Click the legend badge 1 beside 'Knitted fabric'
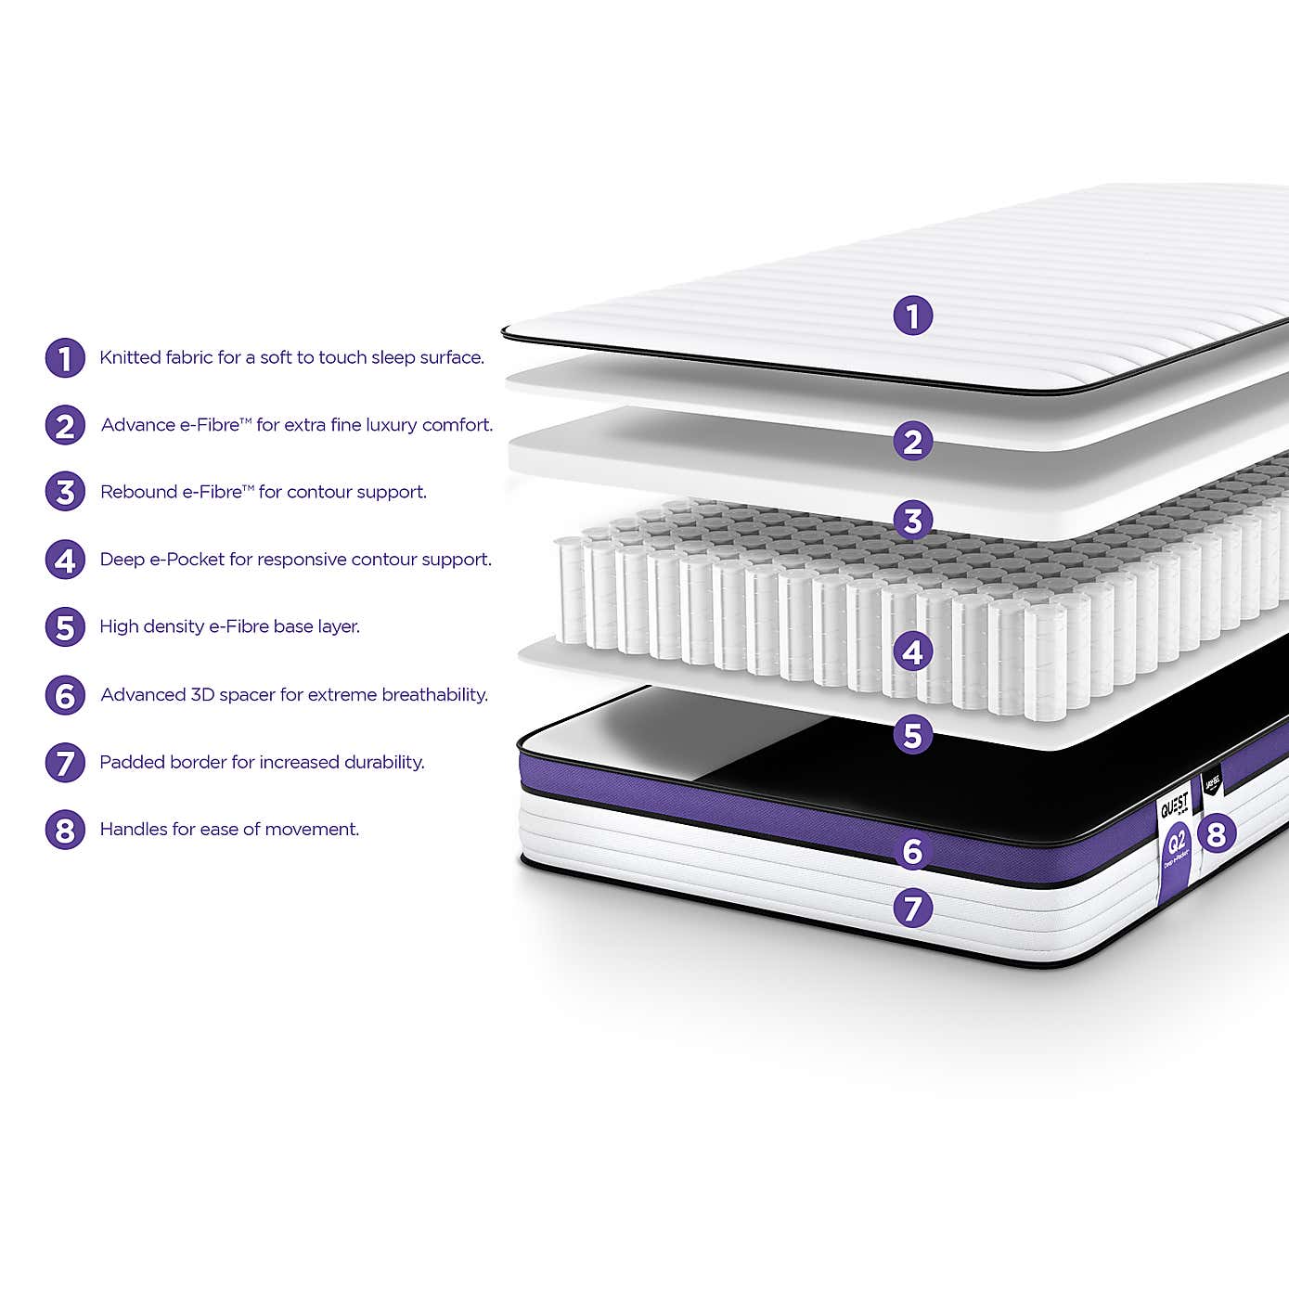tap(65, 358)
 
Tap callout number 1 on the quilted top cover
tap(912, 316)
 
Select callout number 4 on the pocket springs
tap(912, 652)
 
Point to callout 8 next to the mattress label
tap(1216, 833)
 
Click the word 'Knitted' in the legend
tap(130, 357)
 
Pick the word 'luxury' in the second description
tap(391, 425)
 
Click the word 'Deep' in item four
tap(122, 560)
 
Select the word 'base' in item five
tap(293, 626)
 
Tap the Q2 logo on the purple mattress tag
tap(1176, 843)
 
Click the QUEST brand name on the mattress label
tap(1174, 806)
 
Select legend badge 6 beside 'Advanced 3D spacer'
tap(65, 695)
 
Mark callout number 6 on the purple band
tap(912, 851)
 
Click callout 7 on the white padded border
tap(912, 908)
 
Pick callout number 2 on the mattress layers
tap(912, 441)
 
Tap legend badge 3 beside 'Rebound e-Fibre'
tap(65, 492)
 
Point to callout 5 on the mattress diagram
tap(912, 735)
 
